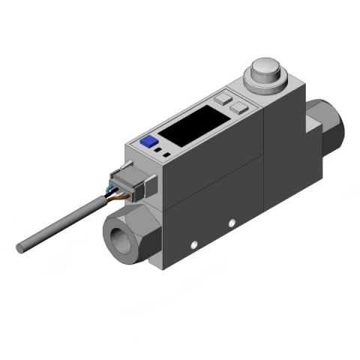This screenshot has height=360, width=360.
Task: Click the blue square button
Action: pyautogui.click(x=147, y=140)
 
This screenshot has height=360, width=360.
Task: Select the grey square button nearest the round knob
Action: pyautogui.click(x=238, y=107)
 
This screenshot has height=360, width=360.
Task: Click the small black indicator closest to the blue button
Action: pyautogui.click(x=156, y=149)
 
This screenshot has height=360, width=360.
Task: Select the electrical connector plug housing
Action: pyautogui.click(x=128, y=184)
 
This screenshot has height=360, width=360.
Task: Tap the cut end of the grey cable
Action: pyautogui.click(x=20, y=245)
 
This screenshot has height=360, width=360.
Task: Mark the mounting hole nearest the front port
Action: pyautogui.click(x=193, y=244)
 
